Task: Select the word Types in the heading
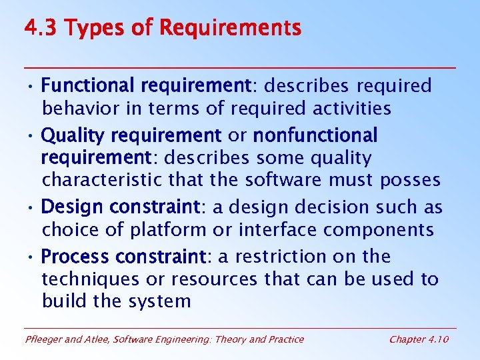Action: click(89, 29)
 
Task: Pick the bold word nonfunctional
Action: click(315, 136)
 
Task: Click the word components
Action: click(378, 230)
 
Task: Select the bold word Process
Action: click(75, 257)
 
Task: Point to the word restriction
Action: click(288, 257)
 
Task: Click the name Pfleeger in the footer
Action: click(44, 339)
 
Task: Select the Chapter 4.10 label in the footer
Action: click(419, 339)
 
